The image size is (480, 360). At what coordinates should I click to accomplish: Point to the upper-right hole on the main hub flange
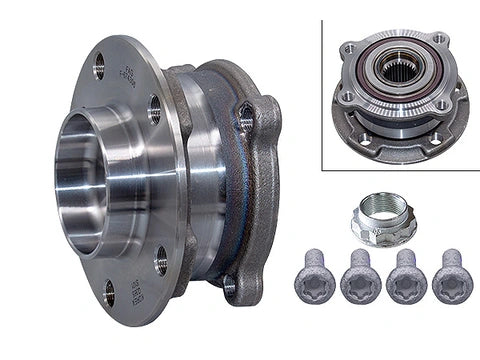(x=155, y=109)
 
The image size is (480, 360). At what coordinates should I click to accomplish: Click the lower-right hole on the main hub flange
(x=161, y=265)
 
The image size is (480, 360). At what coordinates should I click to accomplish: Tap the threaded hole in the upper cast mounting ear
(x=244, y=123)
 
